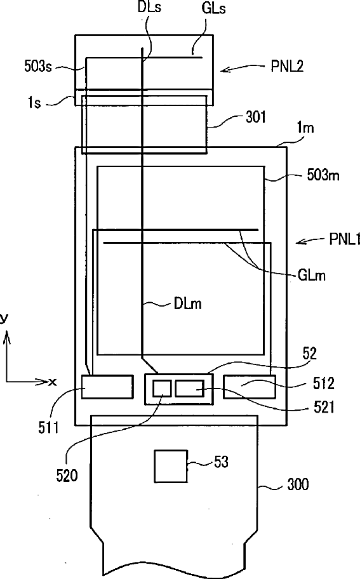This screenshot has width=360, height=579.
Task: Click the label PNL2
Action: (287, 67)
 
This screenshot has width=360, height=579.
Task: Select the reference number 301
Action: (256, 117)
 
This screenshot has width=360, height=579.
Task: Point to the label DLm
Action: (187, 304)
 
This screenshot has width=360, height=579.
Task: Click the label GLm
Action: (311, 275)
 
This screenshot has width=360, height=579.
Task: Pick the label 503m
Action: (323, 175)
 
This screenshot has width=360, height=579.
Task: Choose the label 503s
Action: (37, 67)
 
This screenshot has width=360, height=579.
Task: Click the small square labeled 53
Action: (171, 466)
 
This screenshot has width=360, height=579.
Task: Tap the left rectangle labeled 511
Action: (107, 387)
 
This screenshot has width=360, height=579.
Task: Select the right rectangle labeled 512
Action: (250, 387)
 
